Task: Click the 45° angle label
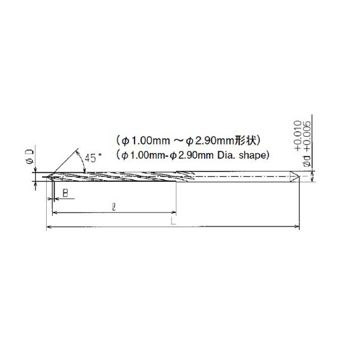click(92, 158)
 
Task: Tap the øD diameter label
click(30, 157)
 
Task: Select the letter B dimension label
click(65, 193)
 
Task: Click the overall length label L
click(173, 221)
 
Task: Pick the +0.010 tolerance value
click(298, 136)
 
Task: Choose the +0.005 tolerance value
click(307, 136)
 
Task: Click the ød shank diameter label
click(307, 160)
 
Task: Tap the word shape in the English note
click(252, 155)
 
